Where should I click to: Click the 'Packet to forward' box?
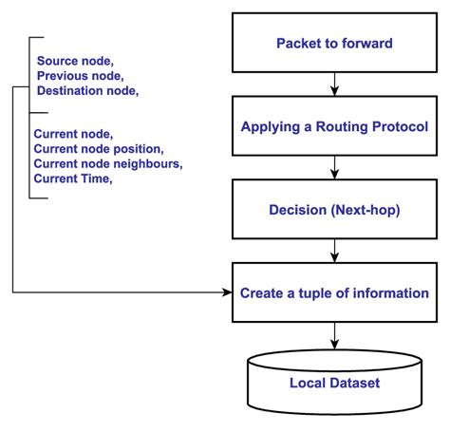point(334,44)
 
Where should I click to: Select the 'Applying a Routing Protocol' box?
point(334,125)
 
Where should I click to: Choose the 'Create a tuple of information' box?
point(334,291)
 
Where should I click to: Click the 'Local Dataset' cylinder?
point(334,384)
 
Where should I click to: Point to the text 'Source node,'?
point(74,59)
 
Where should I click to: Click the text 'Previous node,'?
point(80,74)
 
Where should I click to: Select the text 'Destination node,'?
point(87,90)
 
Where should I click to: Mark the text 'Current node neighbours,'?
point(107,164)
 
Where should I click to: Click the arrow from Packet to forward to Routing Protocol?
point(334,85)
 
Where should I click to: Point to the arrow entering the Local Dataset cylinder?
point(334,334)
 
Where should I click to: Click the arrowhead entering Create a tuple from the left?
point(228,291)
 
